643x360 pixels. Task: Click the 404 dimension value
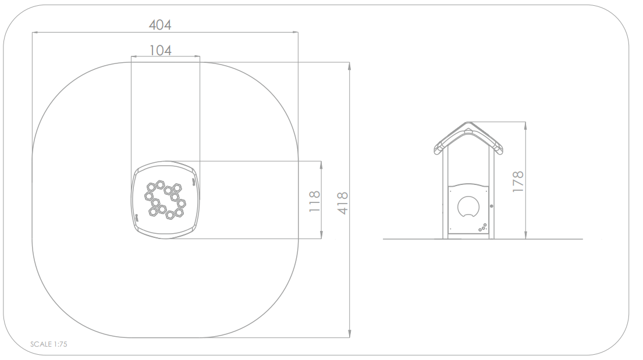pos(160,25)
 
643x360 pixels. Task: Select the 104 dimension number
pos(161,51)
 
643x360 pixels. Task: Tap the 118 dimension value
pos(315,201)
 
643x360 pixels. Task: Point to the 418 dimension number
pos(343,203)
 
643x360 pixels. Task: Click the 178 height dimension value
pos(518,181)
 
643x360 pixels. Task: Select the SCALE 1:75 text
pos(49,344)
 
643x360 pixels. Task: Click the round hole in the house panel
pos(468,206)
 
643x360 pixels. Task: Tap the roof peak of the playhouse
pos(468,123)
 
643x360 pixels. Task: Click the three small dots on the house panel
pos(482,227)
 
